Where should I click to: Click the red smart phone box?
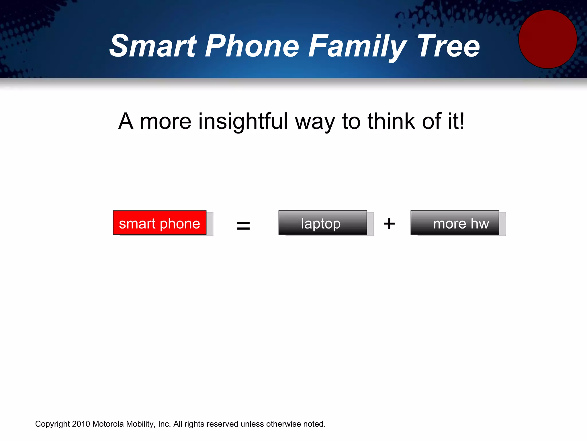tap(160, 223)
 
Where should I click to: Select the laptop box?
tap(322, 223)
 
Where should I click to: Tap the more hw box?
tap(455, 223)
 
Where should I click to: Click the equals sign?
tap(243, 225)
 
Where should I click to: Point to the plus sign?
tap(389, 224)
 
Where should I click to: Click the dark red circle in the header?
tap(547, 39)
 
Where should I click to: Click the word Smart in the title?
tap(153, 46)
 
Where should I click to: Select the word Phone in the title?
tap(252, 46)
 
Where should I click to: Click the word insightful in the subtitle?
tap(243, 122)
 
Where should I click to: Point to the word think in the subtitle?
tap(391, 121)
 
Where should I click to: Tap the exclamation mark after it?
tap(461, 121)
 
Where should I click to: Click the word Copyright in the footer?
tap(52, 424)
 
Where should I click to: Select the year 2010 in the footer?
tap(81, 424)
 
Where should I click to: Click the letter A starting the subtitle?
tap(126, 121)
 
